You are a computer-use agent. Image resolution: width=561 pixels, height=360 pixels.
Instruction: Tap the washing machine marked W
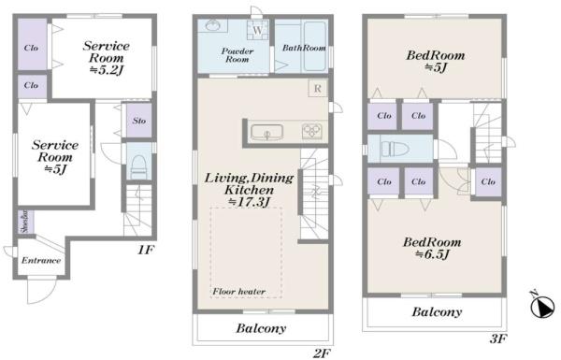[257, 30]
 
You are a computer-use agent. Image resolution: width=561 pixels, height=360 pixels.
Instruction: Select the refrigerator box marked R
[317, 89]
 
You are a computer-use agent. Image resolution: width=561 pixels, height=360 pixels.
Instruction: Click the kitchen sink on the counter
[266, 132]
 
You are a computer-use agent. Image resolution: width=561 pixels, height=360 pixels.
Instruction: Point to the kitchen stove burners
[312, 131]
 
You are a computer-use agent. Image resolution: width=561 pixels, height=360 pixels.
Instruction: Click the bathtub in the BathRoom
[314, 46]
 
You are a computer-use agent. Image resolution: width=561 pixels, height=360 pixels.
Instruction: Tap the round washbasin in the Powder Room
[212, 25]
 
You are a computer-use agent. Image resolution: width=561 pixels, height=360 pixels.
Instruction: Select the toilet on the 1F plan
[139, 166]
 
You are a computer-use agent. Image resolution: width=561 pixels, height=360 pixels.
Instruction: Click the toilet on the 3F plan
[394, 148]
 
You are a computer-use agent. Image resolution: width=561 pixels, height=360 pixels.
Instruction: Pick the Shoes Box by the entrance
[26, 222]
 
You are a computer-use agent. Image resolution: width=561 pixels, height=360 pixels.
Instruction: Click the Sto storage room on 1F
[138, 121]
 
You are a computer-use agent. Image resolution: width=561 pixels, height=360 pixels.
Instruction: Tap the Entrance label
[41, 261]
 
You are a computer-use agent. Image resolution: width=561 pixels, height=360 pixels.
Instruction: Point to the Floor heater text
[239, 292]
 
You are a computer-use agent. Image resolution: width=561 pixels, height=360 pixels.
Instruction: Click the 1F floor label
[146, 250]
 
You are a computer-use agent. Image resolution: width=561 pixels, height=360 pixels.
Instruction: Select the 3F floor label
[498, 338]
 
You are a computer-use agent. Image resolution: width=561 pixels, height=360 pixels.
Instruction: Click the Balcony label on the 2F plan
[261, 328]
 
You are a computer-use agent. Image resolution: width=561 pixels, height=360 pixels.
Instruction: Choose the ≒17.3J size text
[249, 202]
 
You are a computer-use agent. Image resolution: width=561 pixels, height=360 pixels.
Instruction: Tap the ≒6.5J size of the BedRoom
[432, 254]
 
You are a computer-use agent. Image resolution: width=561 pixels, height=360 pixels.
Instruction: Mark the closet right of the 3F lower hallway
[488, 181]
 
